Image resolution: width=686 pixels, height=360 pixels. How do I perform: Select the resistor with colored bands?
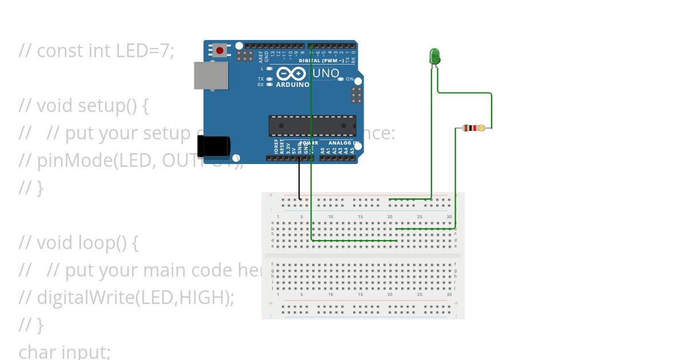click(473, 128)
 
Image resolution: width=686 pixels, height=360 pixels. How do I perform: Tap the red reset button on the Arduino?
click(220, 50)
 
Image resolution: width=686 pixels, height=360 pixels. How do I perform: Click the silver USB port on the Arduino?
click(211, 75)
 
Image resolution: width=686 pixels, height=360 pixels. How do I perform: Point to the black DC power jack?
click(214, 146)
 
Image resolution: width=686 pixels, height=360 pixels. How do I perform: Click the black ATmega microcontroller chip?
click(312, 126)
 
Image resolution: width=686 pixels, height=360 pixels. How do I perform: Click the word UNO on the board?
click(326, 74)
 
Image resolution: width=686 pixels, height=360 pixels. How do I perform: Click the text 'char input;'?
click(65, 351)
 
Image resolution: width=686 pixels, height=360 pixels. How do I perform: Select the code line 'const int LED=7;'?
click(96, 51)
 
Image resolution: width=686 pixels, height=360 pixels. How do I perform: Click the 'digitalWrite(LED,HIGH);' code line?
click(127, 298)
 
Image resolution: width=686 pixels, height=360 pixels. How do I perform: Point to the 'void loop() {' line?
click(78, 243)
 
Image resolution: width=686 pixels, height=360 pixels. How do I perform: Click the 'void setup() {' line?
click(83, 106)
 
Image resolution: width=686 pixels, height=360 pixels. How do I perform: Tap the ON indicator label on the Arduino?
click(349, 79)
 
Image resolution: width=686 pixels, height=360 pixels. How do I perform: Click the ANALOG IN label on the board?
click(343, 143)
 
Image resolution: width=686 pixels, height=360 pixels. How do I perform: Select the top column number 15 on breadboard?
click(360, 217)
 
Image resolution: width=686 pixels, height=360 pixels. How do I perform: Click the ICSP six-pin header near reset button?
click(245, 55)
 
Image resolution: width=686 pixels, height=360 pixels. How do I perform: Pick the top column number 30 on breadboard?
click(449, 217)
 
